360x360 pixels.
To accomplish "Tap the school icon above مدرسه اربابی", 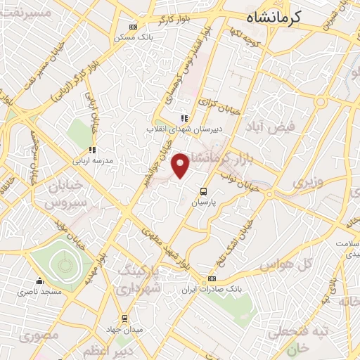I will tap(92, 150).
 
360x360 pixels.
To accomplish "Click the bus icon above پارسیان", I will tap(203, 191).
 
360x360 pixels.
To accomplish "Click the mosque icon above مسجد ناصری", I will tap(41, 281).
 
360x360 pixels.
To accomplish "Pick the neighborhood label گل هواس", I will tap(285, 266).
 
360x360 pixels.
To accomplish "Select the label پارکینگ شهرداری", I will tap(139, 278).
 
